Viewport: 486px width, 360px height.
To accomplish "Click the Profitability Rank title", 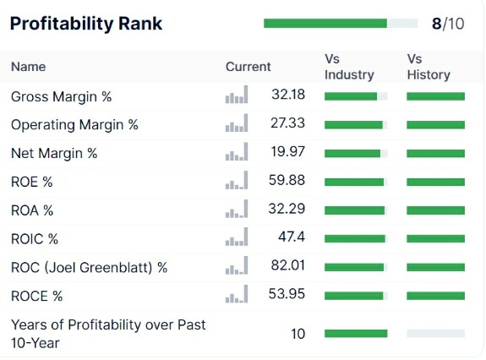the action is tap(86, 24).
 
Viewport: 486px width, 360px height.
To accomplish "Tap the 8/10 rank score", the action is tap(448, 24).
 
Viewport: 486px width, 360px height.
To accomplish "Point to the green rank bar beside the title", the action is tap(325, 23).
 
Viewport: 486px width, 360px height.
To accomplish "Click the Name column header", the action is tap(29, 67).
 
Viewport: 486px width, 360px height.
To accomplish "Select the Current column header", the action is tap(248, 67).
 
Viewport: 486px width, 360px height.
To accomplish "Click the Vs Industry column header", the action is tap(349, 67).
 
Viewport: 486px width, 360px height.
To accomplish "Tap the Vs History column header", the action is tap(429, 67).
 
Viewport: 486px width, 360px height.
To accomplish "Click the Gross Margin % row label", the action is tap(62, 96).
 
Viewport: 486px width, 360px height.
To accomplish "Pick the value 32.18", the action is tap(288, 95).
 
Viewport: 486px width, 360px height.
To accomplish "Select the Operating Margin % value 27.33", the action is tap(288, 123).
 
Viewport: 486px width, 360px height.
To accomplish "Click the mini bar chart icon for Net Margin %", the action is tap(237, 151).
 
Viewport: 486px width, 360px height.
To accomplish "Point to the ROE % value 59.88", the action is tap(287, 180).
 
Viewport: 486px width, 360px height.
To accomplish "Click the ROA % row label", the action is tap(32, 210).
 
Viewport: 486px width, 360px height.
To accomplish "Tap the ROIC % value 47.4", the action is tap(292, 237).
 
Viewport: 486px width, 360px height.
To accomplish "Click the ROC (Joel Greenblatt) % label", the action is tap(90, 267).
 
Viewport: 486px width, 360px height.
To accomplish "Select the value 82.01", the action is tap(288, 265).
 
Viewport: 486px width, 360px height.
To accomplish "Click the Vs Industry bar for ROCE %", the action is tap(354, 296).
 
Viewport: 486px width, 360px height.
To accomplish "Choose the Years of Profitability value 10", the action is tap(298, 334).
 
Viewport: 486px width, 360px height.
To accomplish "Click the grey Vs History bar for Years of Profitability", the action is tap(436, 333).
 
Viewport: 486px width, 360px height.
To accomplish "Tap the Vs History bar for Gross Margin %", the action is tap(436, 96).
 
